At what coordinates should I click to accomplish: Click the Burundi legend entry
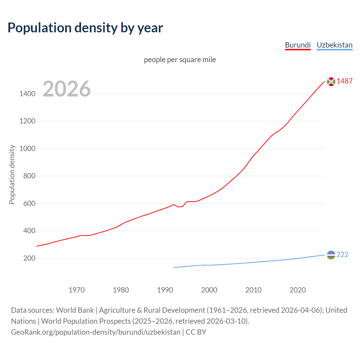(x=298, y=45)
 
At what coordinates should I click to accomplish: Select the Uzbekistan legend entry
(x=334, y=45)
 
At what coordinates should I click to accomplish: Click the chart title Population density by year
(x=85, y=28)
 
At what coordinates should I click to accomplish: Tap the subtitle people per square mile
(x=180, y=60)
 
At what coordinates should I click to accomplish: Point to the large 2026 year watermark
(x=67, y=89)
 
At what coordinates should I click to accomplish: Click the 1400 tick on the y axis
(x=27, y=94)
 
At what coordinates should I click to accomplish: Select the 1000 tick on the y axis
(x=27, y=148)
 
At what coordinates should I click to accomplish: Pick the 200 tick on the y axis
(x=29, y=258)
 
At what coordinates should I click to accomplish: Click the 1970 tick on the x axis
(x=76, y=290)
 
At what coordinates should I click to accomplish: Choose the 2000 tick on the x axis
(x=209, y=290)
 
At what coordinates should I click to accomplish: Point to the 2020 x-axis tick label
(x=298, y=290)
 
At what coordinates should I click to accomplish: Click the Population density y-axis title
(x=12, y=174)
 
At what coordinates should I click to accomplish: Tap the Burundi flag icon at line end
(x=331, y=82)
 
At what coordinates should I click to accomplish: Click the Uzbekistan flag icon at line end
(x=331, y=255)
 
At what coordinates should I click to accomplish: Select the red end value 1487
(x=345, y=81)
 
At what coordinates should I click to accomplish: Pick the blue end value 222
(x=342, y=255)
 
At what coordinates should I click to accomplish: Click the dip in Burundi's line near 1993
(x=178, y=207)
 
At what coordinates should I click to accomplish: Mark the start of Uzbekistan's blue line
(x=174, y=267)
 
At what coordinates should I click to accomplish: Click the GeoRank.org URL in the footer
(x=96, y=332)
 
